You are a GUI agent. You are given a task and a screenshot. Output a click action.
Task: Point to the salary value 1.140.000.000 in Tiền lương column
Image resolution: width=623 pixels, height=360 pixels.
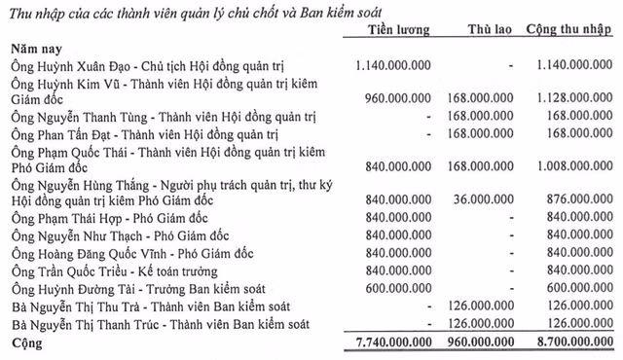(386, 63)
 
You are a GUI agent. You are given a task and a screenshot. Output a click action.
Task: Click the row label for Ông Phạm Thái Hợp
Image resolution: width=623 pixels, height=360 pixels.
(107, 218)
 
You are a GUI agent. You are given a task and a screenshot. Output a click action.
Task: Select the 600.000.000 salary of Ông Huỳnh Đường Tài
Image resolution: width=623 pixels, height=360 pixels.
(393, 288)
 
